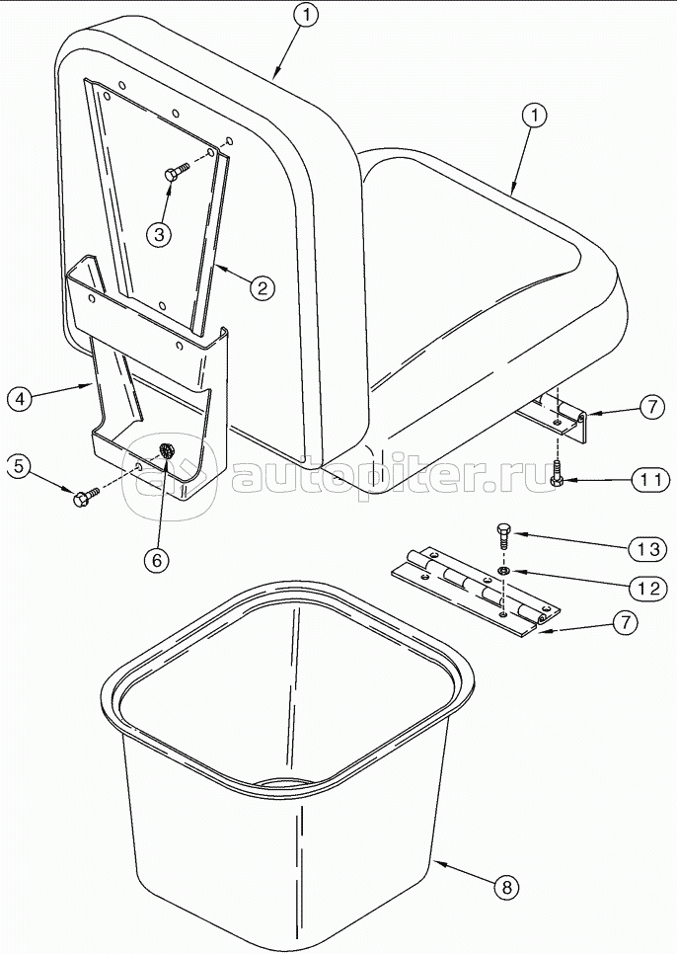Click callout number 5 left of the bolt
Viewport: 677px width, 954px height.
click(20, 466)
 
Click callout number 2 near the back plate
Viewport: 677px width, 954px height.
click(261, 288)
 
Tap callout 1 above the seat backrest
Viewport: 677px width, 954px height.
click(308, 15)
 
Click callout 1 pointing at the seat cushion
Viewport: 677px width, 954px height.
click(534, 116)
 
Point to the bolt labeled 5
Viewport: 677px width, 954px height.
click(84, 497)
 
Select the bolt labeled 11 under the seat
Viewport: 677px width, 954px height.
click(557, 475)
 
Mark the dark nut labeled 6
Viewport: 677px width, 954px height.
click(165, 451)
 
